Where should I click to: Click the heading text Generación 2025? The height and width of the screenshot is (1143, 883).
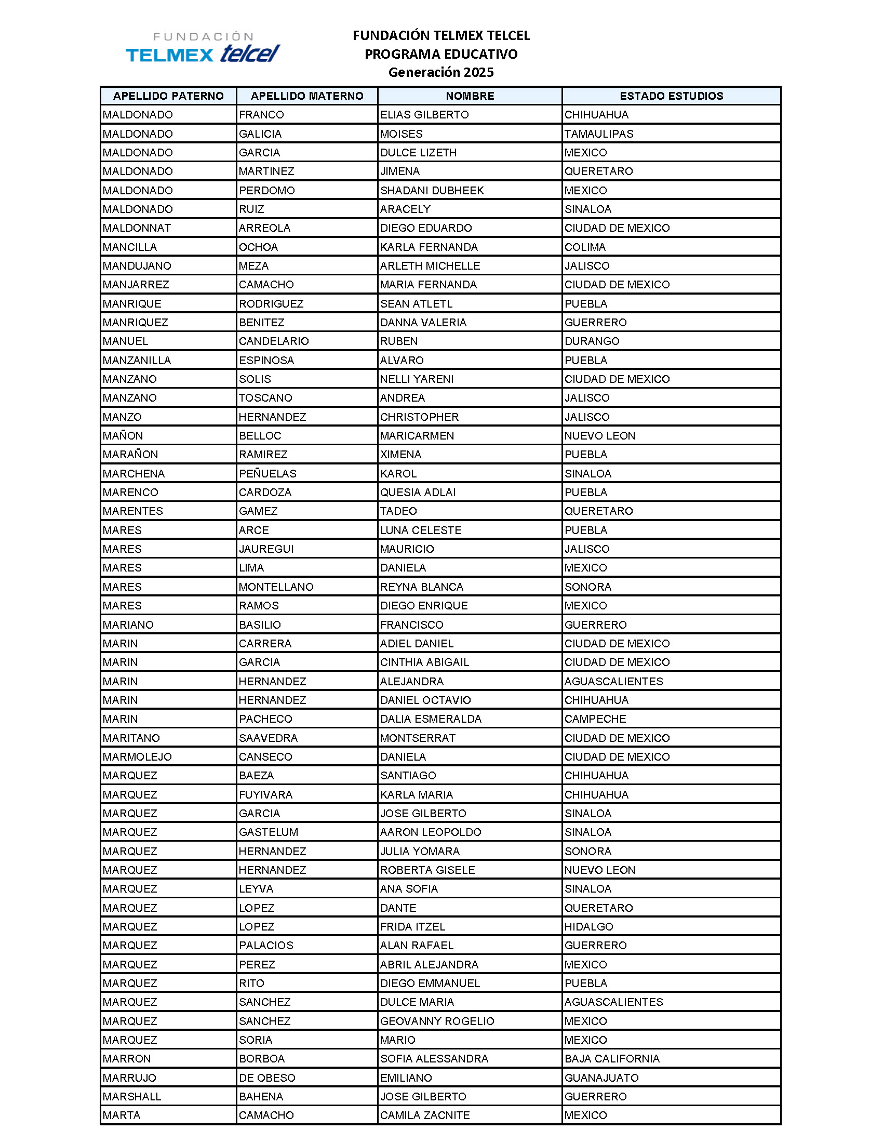pyautogui.click(x=441, y=72)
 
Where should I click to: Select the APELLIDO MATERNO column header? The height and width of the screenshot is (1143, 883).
pyautogui.click(x=307, y=96)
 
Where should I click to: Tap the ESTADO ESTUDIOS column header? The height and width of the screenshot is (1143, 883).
pyautogui.click(x=671, y=96)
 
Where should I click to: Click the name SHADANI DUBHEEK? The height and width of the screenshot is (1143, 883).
pyautogui.click(x=432, y=191)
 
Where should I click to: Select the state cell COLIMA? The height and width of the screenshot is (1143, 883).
pyautogui.click(x=585, y=247)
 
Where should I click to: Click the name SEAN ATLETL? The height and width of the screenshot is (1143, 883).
pyautogui.click(x=417, y=303)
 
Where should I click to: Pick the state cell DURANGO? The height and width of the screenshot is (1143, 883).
pyautogui.click(x=592, y=341)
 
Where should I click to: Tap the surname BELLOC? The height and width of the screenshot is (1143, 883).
pyautogui.click(x=260, y=435)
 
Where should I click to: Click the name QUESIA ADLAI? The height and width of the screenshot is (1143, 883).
pyautogui.click(x=418, y=493)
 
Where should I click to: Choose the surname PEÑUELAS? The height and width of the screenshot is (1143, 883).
pyautogui.click(x=267, y=474)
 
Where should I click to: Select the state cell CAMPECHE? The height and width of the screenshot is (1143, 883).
pyautogui.click(x=595, y=719)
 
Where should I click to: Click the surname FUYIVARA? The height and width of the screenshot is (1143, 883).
pyautogui.click(x=266, y=794)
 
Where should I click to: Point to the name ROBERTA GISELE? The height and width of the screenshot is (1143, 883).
pyautogui.click(x=427, y=870)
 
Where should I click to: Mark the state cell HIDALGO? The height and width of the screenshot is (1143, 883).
pyautogui.click(x=588, y=926)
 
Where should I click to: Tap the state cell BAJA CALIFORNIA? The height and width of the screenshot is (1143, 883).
pyautogui.click(x=612, y=1059)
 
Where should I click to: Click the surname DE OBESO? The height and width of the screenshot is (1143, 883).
pyautogui.click(x=267, y=1078)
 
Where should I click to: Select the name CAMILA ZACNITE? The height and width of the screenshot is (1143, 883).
pyautogui.click(x=425, y=1115)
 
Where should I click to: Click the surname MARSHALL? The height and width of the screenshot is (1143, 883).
pyautogui.click(x=132, y=1096)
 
